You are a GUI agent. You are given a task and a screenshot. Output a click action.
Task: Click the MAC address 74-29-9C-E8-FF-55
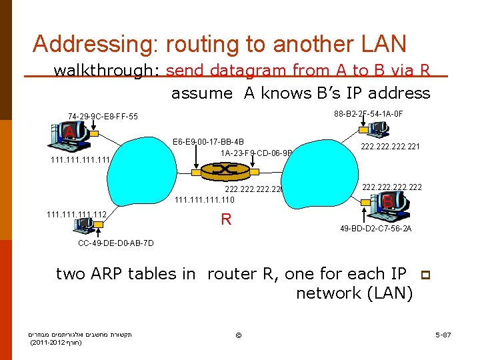[103, 117]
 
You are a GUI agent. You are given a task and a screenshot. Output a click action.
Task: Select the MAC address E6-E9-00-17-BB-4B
[208, 142]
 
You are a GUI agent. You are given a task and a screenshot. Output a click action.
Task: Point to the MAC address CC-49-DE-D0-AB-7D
[116, 243]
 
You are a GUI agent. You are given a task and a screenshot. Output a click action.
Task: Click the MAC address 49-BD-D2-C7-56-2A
[376, 228]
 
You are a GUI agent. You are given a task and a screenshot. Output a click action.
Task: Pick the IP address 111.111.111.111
[79, 160]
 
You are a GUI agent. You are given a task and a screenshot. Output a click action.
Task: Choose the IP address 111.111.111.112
[77, 214]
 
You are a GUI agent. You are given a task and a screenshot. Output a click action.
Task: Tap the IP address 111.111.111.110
[205, 199]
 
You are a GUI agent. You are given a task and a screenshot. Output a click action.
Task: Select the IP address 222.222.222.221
[390, 147]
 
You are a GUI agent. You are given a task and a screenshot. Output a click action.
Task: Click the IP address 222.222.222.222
[392, 188]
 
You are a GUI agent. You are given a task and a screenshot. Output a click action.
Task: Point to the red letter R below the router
[226, 219]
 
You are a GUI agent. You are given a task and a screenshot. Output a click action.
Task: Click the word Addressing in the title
[94, 44]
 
